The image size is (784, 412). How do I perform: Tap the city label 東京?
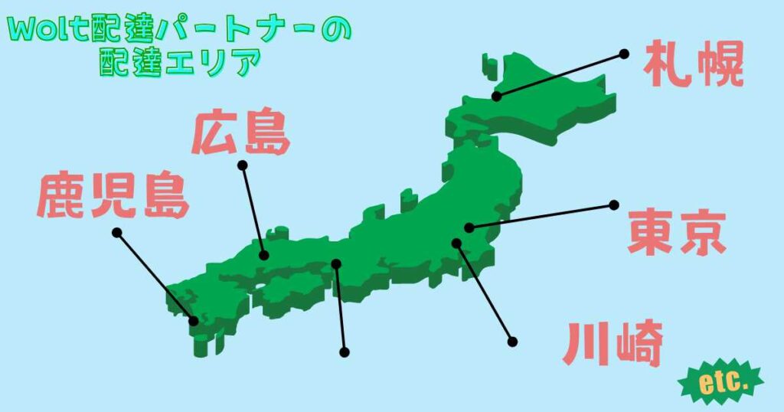pyautogui.click(x=676, y=234)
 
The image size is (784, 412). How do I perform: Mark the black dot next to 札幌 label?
pyautogui.click(x=624, y=54)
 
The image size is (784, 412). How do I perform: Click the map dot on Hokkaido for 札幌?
pyautogui.click(x=497, y=96)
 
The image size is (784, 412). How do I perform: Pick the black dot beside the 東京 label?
pyautogui.click(x=613, y=205)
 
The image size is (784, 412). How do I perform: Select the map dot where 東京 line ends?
pyautogui.click(x=469, y=227)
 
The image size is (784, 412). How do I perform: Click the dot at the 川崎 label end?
pyautogui.click(x=512, y=342)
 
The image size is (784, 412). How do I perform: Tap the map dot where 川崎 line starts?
pyautogui.click(x=456, y=244)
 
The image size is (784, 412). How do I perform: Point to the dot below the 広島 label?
pyautogui.click(x=242, y=165)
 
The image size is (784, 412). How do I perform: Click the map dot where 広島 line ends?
pyautogui.click(x=263, y=256)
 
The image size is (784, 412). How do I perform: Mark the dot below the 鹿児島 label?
pyautogui.click(x=116, y=232)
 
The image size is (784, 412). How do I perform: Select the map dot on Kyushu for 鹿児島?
pyautogui.click(x=194, y=321)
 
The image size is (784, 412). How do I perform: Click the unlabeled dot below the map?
pyautogui.click(x=345, y=352)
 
